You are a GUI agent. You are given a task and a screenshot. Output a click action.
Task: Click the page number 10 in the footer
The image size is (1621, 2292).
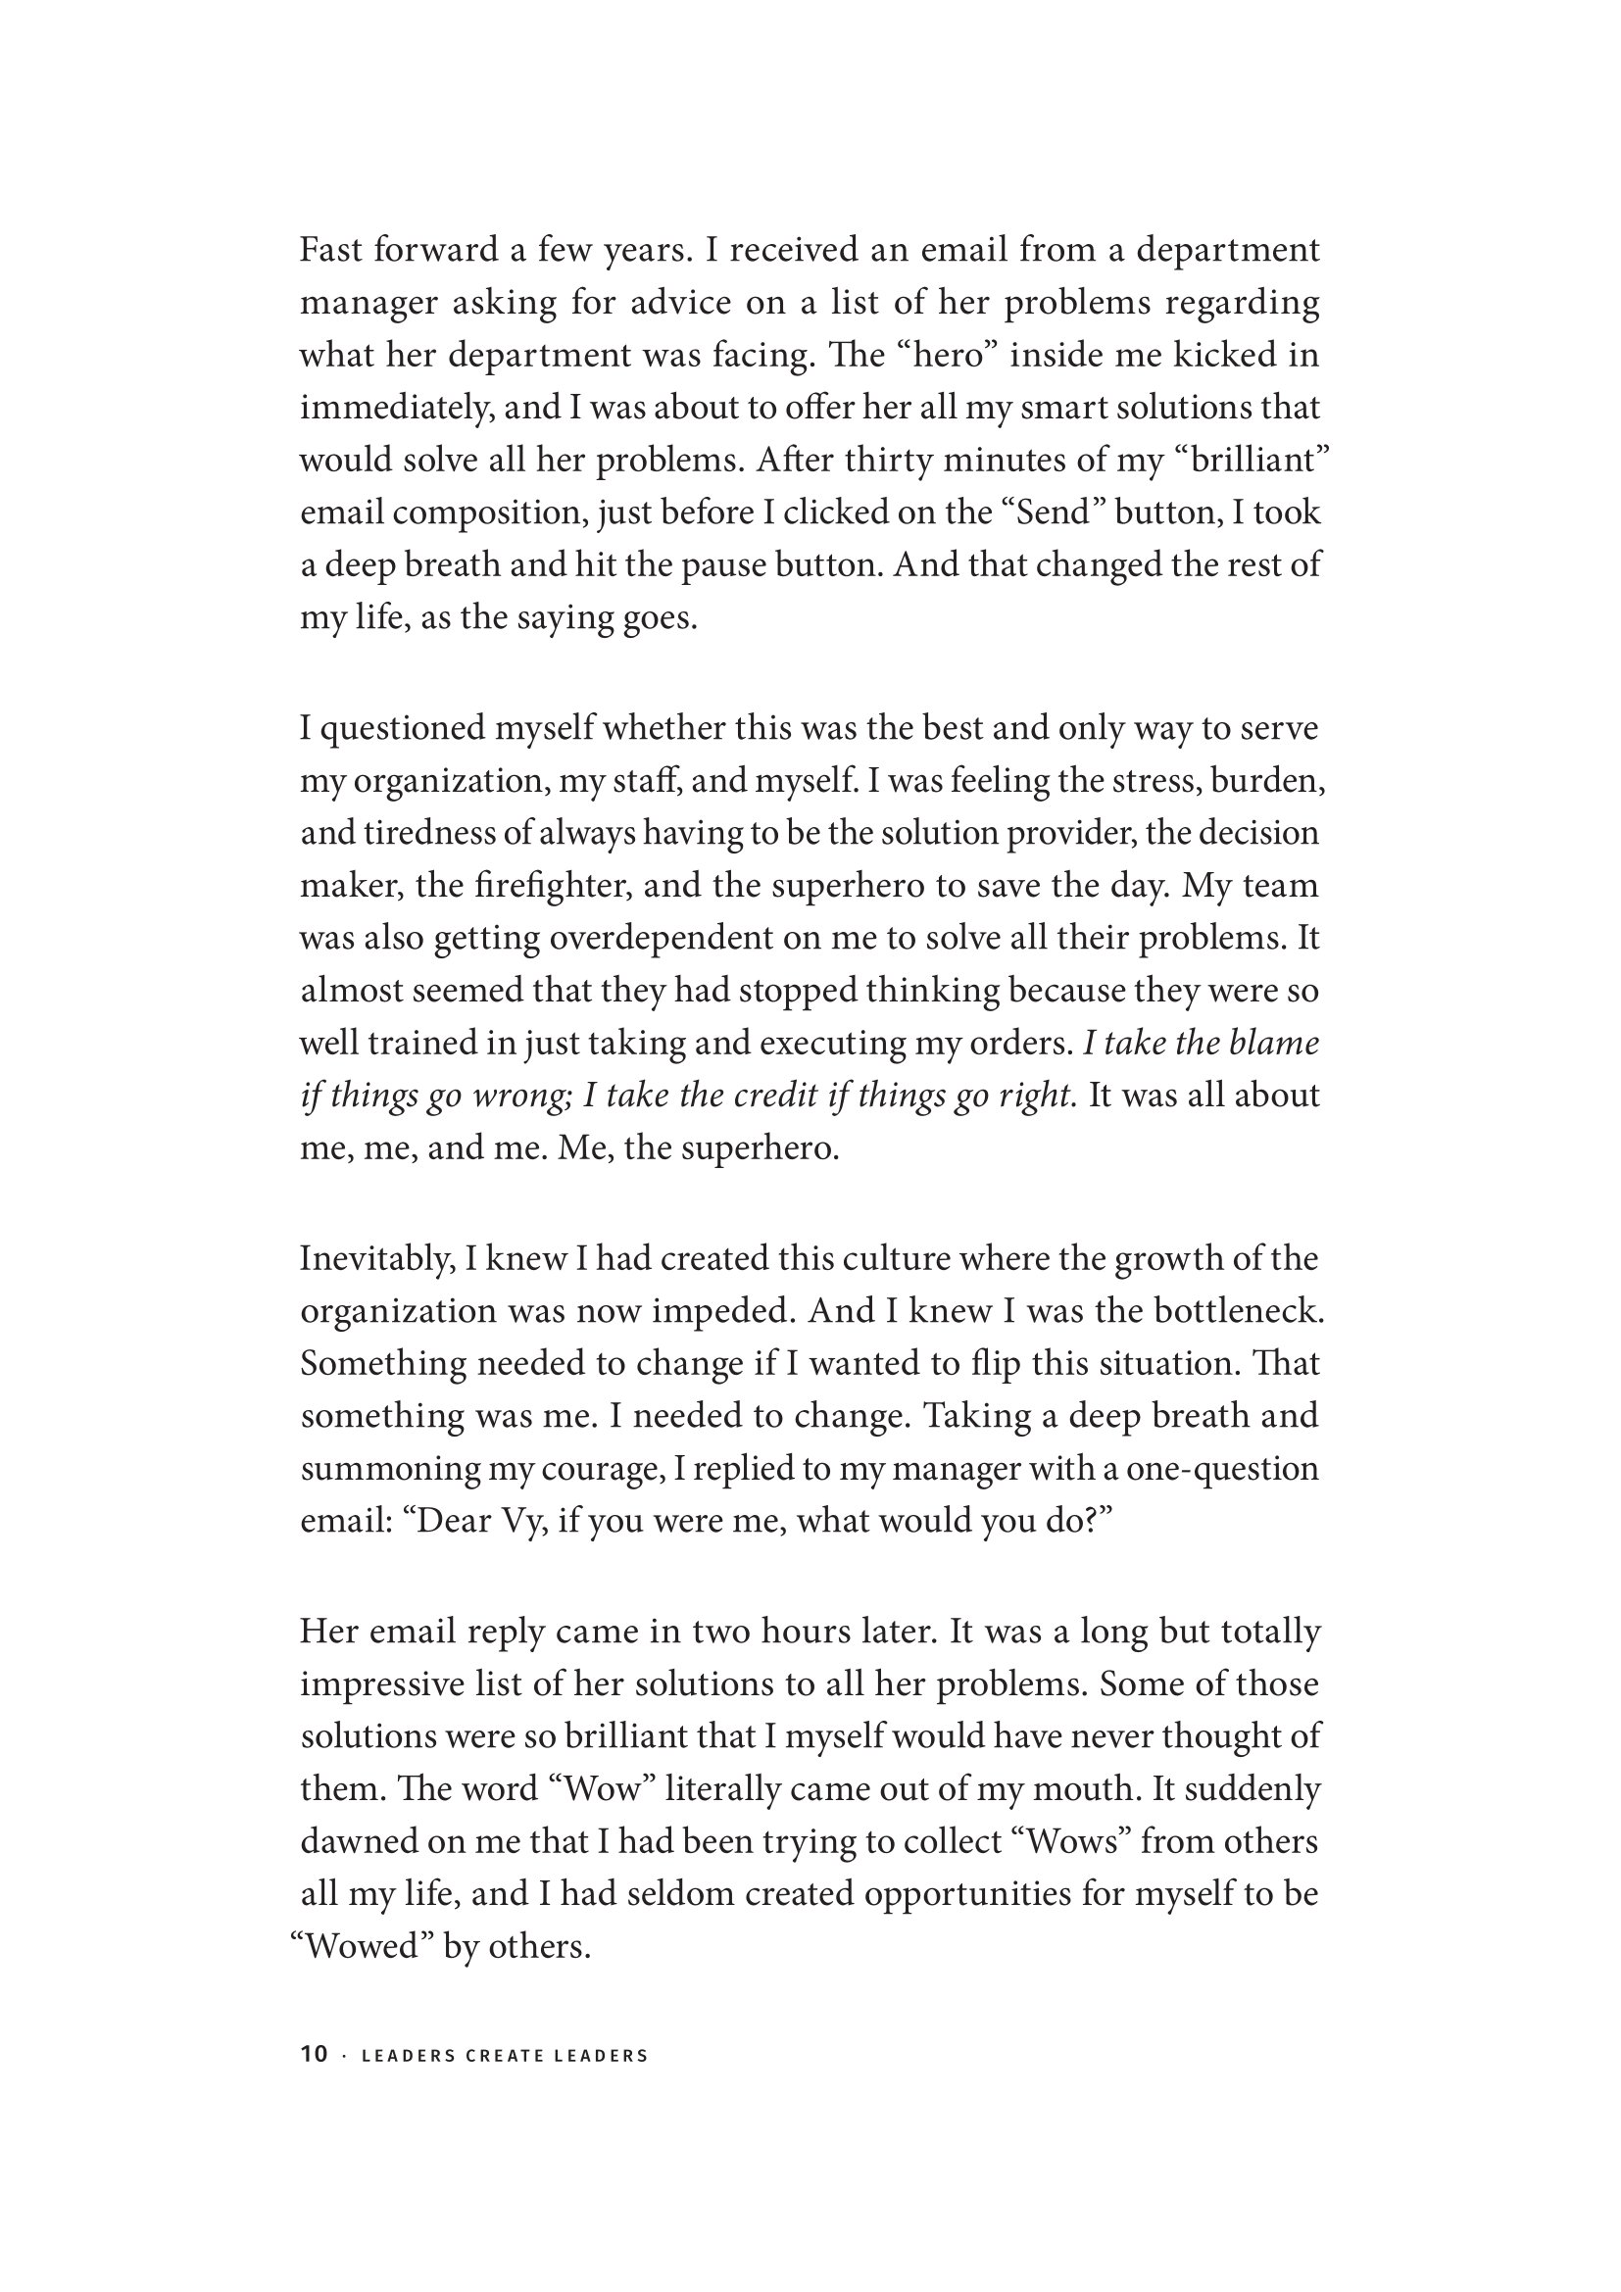314,2055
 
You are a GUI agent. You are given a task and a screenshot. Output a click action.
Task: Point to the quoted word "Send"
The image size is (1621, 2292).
1050,512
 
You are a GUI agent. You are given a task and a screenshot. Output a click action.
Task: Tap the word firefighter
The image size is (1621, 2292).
557,886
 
